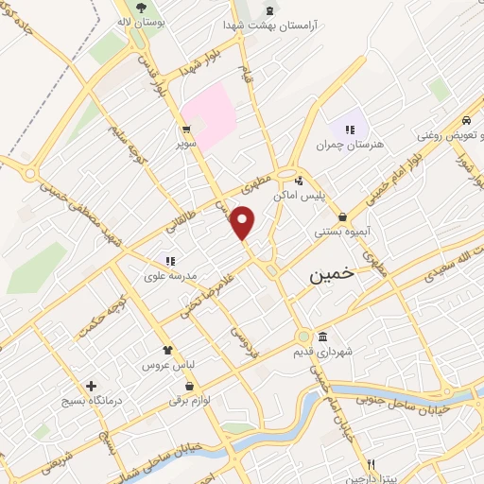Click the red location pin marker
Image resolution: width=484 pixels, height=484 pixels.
pyautogui.click(x=244, y=223)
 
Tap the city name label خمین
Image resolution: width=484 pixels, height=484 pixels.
pyautogui.click(x=333, y=275)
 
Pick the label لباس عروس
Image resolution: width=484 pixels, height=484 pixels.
pyautogui.click(x=168, y=364)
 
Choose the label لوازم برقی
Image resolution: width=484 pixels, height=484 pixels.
pyautogui.click(x=192, y=400)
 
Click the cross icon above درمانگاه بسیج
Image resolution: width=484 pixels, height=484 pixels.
pyautogui.click(x=91, y=386)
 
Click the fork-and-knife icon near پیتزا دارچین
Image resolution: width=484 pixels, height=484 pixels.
pyautogui.click(x=372, y=465)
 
